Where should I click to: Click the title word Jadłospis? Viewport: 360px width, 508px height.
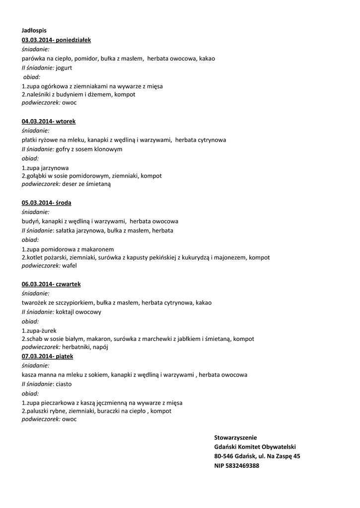(x=34, y=31)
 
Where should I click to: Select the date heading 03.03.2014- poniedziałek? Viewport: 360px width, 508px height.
(x=56, y=40)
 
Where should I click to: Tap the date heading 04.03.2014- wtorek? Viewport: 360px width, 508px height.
(x=49, y=121)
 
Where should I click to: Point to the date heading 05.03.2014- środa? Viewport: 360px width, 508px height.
(x=47, y=202)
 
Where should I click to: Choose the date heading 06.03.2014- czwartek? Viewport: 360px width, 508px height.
(x=51, y=284)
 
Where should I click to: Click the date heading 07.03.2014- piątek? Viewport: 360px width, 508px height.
(x=48, y=356)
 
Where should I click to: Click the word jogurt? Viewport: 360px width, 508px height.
(x=64, y=67)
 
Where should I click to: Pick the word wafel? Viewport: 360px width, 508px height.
(x=70, y=266)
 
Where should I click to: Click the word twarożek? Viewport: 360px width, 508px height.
(x=35, y=303)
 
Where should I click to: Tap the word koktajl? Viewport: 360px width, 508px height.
(x=67, y=312)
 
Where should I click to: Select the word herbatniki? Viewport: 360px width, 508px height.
(x=76, y=347)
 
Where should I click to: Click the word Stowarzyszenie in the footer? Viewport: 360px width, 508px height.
(x=235, y=438)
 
